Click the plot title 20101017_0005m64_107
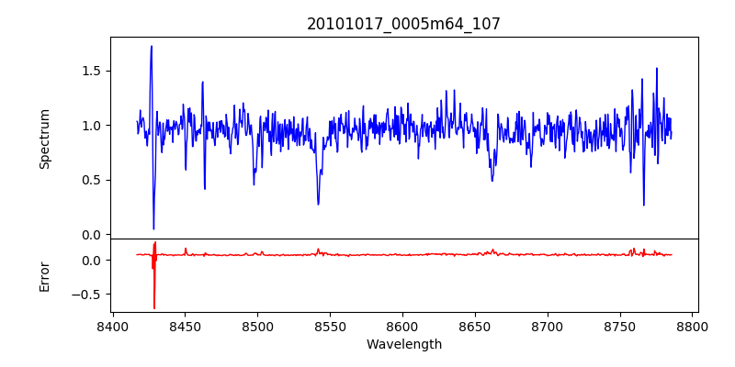tap(403, 24)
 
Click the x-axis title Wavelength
tap(403, 344)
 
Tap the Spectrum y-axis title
tap(44, 139)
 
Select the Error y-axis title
tap(44, 276)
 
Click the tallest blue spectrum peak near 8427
tap(152, 47)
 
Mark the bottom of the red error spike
tap(154, 307)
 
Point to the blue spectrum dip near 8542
tap(318, 204)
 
